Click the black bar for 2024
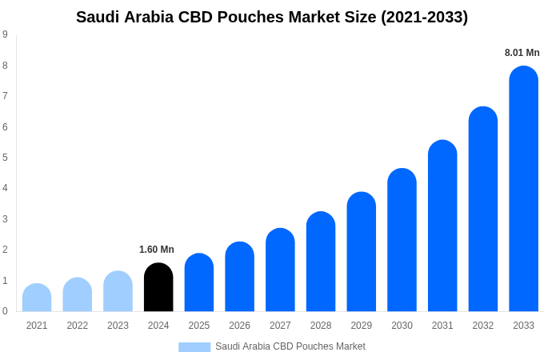point(158,287)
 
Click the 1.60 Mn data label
point(157,250)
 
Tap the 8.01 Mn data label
point(522,53)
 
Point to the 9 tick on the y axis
point(5,34)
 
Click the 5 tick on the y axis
point(5,158)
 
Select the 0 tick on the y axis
point(5,311)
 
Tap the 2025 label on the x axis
point(199,326)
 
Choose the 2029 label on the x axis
point(362,326)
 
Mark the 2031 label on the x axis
point(442,326)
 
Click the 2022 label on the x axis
point(78,326)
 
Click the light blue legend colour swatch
point(194,347)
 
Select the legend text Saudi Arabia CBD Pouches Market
point(290,346)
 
